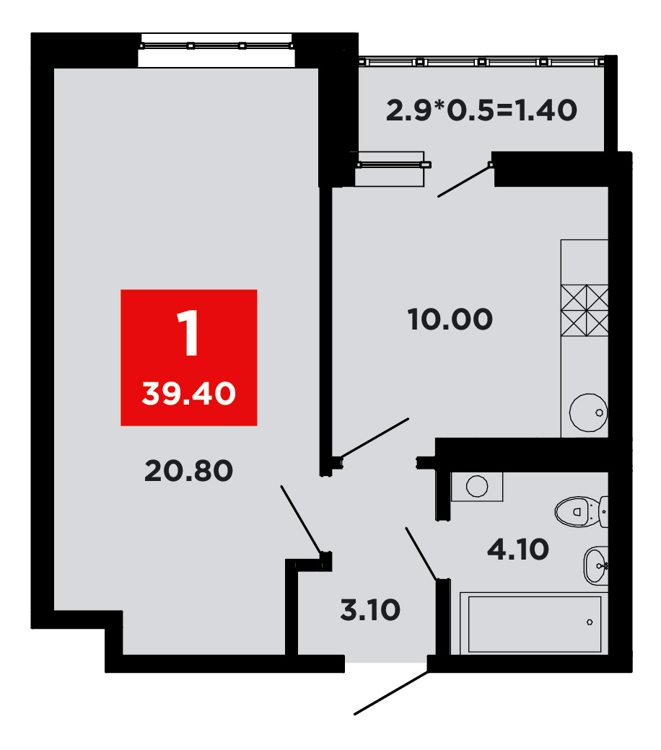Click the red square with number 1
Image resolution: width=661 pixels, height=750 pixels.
coord(188,357)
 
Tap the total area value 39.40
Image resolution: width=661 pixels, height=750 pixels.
coord(188,394)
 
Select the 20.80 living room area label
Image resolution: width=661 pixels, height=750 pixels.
coord(188,471)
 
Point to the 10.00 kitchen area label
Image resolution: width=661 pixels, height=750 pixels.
coord(450,319)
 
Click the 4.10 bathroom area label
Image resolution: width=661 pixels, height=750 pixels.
coord(518,549)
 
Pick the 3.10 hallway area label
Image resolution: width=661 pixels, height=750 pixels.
coord(370,610)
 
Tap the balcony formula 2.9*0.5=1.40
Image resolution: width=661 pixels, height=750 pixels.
coord(481,110)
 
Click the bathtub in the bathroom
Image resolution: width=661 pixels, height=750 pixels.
coord(534,624)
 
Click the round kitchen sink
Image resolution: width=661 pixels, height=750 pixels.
coord(588,412)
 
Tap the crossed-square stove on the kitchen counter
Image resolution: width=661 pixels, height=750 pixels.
coord(585,310)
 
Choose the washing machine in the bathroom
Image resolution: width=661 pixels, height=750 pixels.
coord(477,487)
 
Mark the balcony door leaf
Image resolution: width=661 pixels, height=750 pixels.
coord(464,180)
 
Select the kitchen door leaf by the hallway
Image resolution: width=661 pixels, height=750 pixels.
coord(375,438)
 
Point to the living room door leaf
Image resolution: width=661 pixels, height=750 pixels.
coord(301,519)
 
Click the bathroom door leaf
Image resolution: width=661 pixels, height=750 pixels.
coord(421,554)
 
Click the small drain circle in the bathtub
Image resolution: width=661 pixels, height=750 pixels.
coord(590,622)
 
